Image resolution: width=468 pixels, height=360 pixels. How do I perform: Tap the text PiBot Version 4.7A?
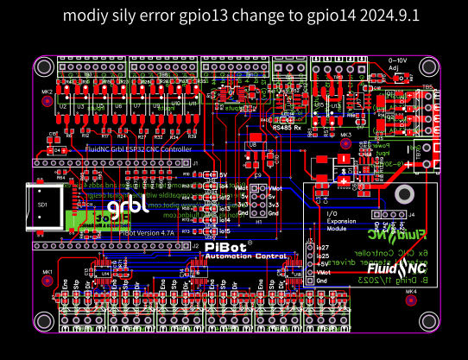pyautogui.click(x=147, y=233)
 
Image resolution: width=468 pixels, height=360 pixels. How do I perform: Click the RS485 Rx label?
pyautogui.click(x=287, y=128)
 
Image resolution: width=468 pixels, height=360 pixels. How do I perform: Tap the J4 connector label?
pyautogui.click(x=412, y=213)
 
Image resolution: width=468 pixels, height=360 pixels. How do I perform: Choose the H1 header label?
pyautogui.click(x=258, y=221)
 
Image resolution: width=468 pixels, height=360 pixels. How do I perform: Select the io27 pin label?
pyautogui.click(x=323, y=248)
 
